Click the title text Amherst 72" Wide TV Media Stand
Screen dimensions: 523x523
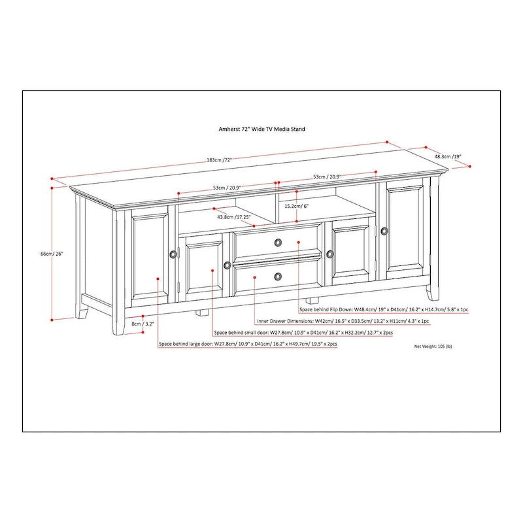click(261, 129)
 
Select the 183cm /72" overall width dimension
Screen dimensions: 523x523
click(201, 160)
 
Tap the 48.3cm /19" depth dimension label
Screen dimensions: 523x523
click(448, 157)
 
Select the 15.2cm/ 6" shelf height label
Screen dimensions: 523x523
click(296, 205)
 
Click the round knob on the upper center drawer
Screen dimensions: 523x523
click(278, 243)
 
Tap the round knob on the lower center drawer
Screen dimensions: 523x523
click(278, 276)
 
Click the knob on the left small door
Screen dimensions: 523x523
click(227, 265)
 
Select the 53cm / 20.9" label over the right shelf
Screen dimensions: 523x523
click(327, 177)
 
